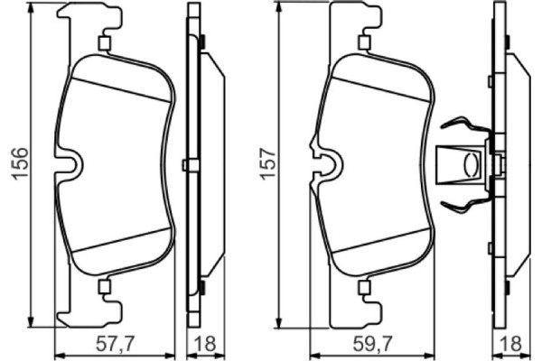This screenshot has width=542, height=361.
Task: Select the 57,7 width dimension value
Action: click(116, 343)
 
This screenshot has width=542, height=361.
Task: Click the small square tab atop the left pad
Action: click(103, 42)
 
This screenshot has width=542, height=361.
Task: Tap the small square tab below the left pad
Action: click(103, 288)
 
